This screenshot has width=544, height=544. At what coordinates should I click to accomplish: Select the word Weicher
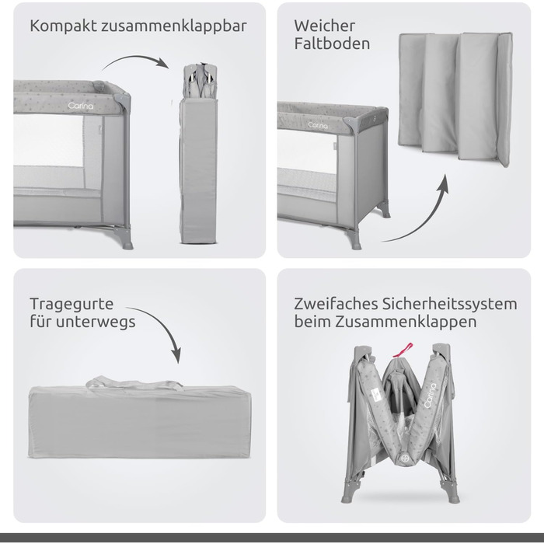click(x=324, y=26)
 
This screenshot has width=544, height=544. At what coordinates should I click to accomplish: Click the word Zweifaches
click(x=334, y=303)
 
